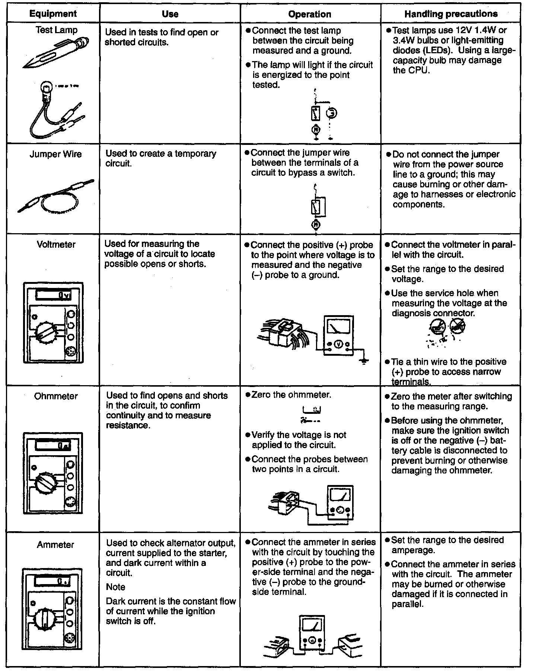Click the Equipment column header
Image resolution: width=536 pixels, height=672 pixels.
(x=53, y=14)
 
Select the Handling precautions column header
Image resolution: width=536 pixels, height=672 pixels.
(x=451, y=14)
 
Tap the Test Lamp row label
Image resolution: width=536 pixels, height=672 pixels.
(x=56, y=30)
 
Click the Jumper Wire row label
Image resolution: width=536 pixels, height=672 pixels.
(x=55, y=154)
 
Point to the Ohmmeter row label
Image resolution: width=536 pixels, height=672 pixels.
(x=56, y=396)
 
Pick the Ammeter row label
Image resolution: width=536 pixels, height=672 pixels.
(x=55, y=545)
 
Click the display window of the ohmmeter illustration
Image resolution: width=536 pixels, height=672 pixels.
(x=52, y=445)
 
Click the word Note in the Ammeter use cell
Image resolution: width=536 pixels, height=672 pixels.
(x=115, y=587)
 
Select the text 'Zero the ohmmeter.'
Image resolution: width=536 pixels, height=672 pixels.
(x=291, y=394)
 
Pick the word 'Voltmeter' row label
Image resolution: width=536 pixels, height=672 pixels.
(x=56, y=244)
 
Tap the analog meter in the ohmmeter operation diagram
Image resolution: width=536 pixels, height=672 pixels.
(x=340, y=501)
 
